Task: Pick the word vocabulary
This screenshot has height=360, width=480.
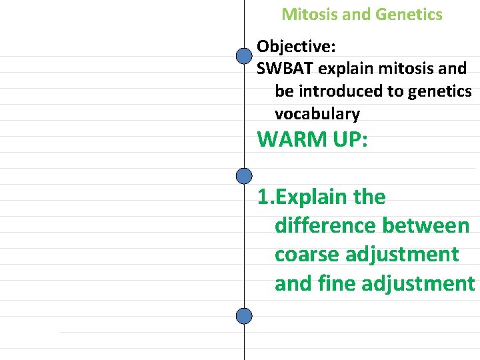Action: pyautogui.click(x=317, y=113)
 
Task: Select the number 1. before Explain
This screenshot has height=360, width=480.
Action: pyautogui.click(x=265, y=197)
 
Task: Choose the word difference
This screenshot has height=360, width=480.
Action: pyautogui.click(x=325, y=226)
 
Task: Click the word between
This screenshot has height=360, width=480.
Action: pyautogui.click(x=426, y=226)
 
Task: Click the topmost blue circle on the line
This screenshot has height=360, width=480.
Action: pyautogui.click(x=245, y=57)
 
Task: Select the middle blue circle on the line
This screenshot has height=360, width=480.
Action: pyautogui.click(x=245, y=176)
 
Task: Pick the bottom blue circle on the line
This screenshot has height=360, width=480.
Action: pyautogui.click(x=245, y=315)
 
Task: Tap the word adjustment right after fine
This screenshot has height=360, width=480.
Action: pyautogui.click(x=418, y=284)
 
